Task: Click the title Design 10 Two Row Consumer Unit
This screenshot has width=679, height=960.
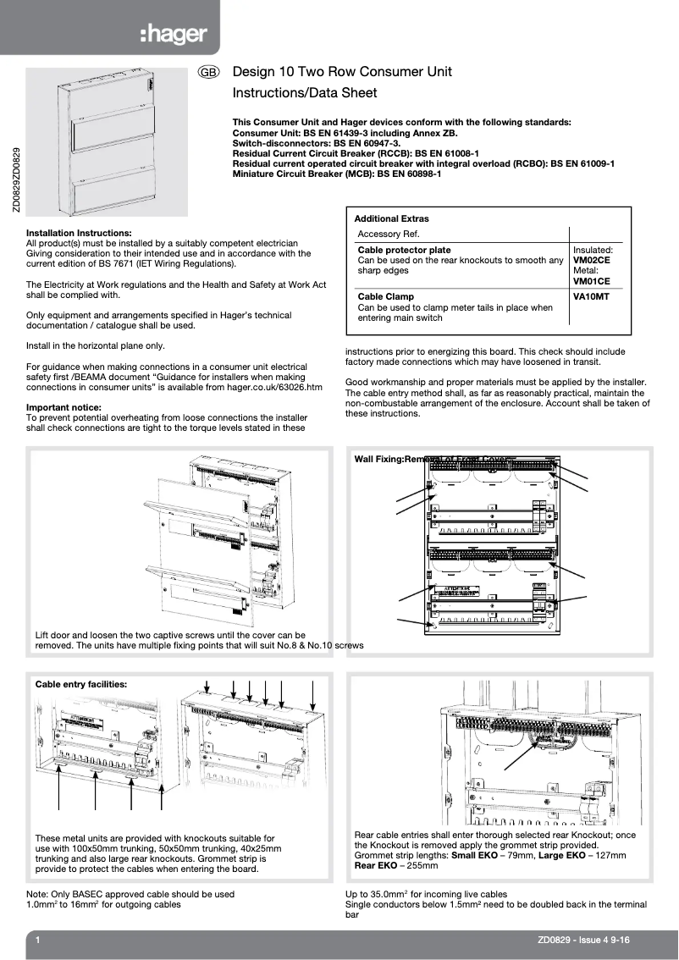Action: click(342, 72)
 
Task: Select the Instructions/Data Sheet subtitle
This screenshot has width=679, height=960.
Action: click(305, 93)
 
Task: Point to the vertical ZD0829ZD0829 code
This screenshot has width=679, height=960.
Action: click(14, 181)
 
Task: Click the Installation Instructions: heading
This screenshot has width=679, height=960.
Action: click(79, 233)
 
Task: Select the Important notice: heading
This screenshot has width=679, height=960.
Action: click(63, 407)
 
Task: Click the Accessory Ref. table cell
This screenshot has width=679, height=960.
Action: click(389, 234)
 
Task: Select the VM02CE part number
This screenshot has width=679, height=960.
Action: click(591, 261)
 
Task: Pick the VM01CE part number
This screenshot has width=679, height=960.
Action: click(591, 281)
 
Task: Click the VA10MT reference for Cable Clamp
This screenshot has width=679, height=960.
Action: click(591, 297)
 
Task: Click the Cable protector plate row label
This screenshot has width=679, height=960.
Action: click(404, 251)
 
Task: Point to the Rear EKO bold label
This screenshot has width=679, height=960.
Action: click(377, 866)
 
